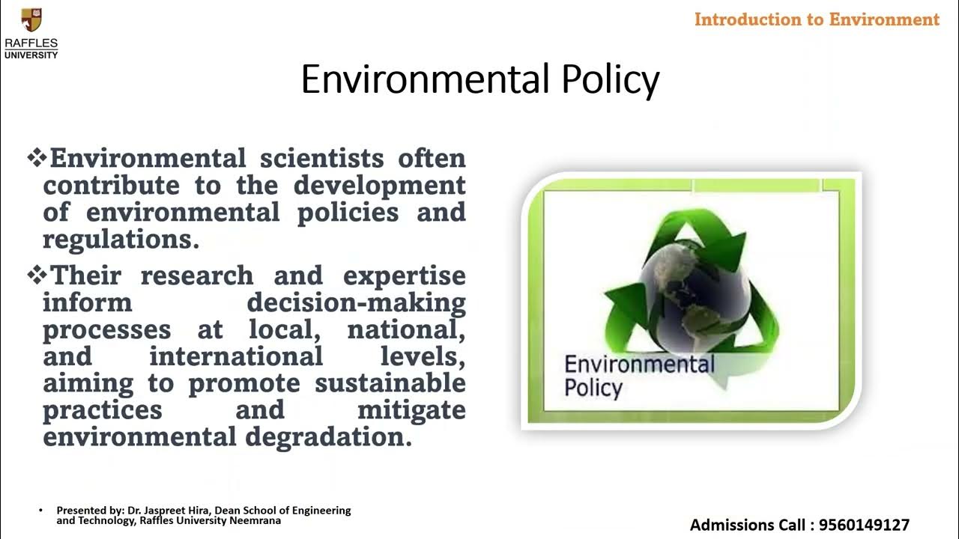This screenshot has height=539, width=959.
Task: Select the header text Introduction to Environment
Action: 817,19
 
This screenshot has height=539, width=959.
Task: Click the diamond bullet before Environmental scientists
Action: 37,158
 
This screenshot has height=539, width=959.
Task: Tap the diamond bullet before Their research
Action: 37,275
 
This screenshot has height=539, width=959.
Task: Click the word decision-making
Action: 356,302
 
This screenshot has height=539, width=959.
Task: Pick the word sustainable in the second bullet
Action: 390,383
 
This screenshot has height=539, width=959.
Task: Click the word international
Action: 236,356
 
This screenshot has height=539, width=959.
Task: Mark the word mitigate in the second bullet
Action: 411,410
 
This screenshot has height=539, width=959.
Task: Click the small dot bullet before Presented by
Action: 41,511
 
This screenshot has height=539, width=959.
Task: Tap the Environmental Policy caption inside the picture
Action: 638,376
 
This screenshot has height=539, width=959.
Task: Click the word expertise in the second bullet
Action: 405,275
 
